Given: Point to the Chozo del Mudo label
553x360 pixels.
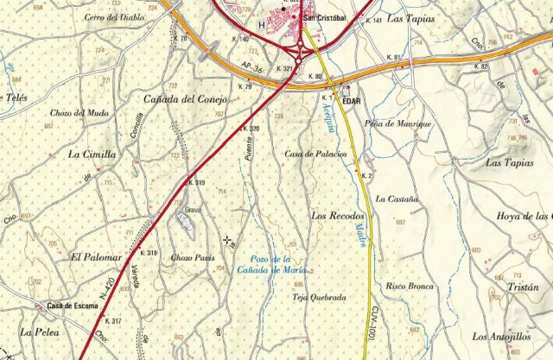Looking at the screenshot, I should (79, 113).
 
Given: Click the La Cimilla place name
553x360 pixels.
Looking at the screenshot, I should (92, 155).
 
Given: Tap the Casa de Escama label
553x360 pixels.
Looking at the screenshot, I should (72, 305).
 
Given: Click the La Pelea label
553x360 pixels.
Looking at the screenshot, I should (40, 331).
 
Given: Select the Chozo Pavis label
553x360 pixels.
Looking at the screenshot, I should (192, 257).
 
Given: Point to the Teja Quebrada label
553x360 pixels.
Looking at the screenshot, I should (320, 297).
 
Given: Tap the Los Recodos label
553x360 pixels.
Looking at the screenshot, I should (338, 215).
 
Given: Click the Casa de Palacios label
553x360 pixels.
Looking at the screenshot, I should (315, 154).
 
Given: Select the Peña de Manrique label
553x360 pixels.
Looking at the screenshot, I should (397, 123).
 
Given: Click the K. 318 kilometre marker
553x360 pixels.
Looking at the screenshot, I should (148, 253).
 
